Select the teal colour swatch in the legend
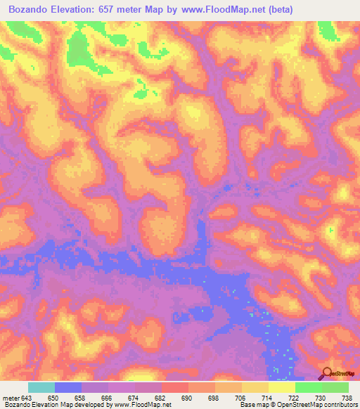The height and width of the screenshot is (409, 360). coord(41,387)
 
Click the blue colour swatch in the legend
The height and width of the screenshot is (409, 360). coord(68,387)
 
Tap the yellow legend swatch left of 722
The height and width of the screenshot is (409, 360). coord(282,387)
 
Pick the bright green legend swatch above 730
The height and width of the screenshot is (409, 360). coord(309,387)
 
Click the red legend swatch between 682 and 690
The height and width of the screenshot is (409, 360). coord(175,387)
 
